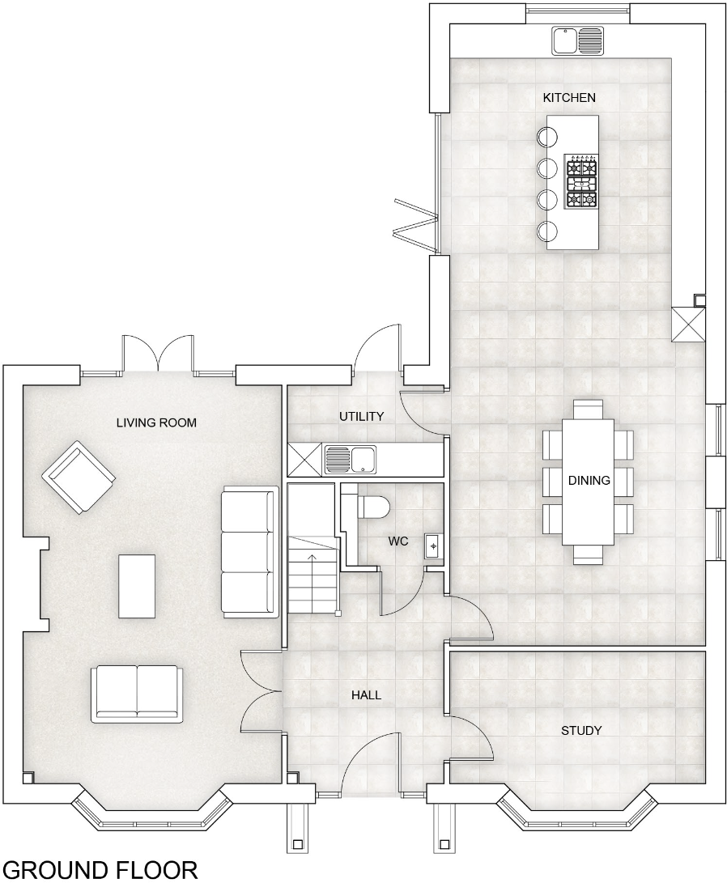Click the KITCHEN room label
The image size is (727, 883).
[568, 98]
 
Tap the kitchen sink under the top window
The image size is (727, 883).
[577, 39]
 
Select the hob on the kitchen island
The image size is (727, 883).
[580, 183]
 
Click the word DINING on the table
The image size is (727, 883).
[589, 481]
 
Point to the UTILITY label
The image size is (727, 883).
[361, 416]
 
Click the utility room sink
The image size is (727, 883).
[350, 460]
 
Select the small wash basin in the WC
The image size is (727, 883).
[433, 547]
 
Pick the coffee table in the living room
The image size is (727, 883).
[138, 585]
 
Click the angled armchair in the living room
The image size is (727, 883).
[78, 477]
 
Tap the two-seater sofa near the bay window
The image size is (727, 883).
[136, 692]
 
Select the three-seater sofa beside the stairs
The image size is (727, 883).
[247, 552]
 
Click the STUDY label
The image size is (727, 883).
[581, 731]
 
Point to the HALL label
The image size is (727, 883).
[366, 695]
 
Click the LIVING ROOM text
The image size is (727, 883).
[156, 422]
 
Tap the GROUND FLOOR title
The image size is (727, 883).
[99, 870]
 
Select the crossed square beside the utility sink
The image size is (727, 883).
[304, 460]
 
